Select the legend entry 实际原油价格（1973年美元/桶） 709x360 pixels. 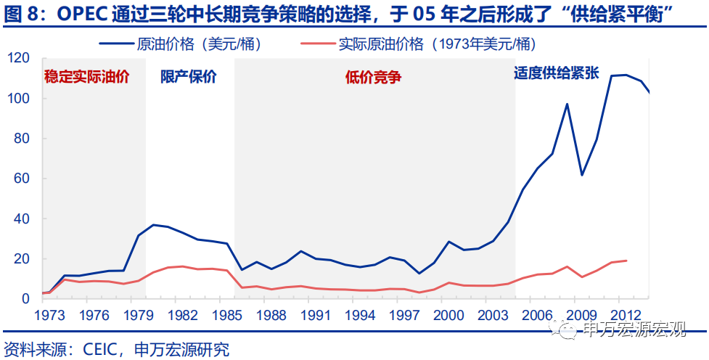(x=435, y=44)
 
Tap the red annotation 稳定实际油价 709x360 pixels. (x=86, y=77)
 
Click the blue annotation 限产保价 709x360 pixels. (x=188, y=77)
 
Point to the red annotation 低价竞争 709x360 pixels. (x=373, y=77)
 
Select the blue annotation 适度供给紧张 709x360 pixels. (x=556, y=74)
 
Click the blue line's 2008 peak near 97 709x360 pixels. (x=567, y=104)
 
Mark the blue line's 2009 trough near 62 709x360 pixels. (x=582, y=175)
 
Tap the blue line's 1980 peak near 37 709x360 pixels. (x=154, y=225)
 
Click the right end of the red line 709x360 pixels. (x=627, y=261)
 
